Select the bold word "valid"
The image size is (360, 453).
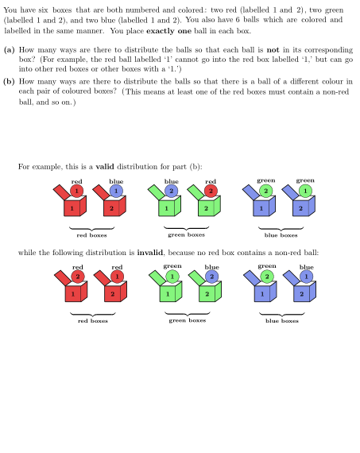[x=106, y=166]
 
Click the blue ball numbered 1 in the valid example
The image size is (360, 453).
[x=116, y=191]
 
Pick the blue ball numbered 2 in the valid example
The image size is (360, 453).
[x=171, y=191]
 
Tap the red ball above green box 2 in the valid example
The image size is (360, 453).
[x=211, y=191]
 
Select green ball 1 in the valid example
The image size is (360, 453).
[x=305, y=191]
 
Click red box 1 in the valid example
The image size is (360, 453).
[x=73, y=208]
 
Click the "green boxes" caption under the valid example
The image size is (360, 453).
[x=186, y=235]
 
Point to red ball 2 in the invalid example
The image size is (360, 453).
[x=78, y=277]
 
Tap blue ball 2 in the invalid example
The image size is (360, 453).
[x=211, y=277]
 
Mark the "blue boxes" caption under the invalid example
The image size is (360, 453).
[x=282, y=321]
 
